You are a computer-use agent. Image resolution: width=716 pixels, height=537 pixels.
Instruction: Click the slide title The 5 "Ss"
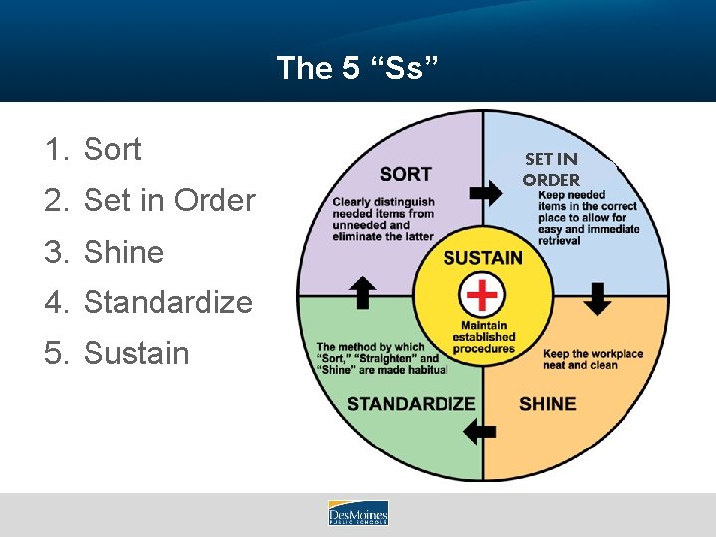click(x=357, y=68)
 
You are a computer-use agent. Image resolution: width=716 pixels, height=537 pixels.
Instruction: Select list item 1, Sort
click(x=111, y=150)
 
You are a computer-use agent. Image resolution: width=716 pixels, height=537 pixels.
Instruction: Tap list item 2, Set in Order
click(x=169, y=201)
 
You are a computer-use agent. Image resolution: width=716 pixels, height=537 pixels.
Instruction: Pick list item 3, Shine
click(x=122, y=252)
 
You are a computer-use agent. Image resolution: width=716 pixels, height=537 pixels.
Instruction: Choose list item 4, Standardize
click(x=167, y=302)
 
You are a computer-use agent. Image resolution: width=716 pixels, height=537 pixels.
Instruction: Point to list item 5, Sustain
click(x=135, y=353)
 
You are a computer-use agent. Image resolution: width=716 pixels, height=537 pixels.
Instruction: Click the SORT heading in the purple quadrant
click(x=406, y=174)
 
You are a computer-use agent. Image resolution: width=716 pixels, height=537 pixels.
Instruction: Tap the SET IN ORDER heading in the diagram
click(x=551, y=169)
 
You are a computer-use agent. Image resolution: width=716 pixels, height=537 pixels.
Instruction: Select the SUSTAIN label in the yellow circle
click(x=482, y=258)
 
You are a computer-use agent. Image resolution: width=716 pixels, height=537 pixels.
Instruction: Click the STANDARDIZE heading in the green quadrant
click(x=411, y=403)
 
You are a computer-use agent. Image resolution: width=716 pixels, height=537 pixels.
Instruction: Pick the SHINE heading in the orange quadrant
click(x=547, y=403)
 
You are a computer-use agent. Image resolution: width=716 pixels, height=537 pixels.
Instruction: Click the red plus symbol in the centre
click(x=484, y=295)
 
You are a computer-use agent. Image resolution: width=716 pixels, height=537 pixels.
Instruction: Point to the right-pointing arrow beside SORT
click(x=485, y=193)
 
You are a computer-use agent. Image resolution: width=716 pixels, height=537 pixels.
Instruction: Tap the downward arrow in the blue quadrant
click(x=597, y=298)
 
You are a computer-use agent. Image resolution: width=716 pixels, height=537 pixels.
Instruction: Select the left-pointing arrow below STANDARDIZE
click(x=480, y=431)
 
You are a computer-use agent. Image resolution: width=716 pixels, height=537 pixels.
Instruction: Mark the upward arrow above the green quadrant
click(x=363, y=293)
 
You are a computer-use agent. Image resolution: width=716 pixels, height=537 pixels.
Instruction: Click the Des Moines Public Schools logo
click(x=358, y=513)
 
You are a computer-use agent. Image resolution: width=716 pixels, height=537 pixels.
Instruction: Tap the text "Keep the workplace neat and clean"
click(x=593, y=359)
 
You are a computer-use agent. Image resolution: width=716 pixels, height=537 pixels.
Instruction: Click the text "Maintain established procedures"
click(x=483, y=337)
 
